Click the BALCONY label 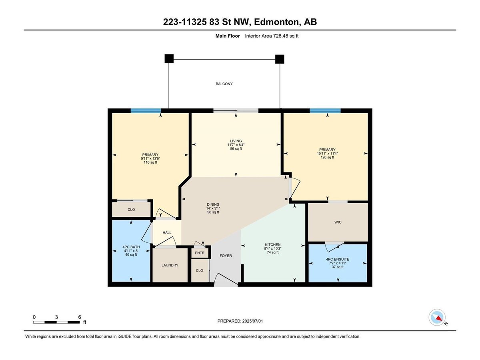(x=224, y=84)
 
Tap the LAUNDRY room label (x=170, y=265)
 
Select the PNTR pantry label (x=200, y=253)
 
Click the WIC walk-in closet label (x=338, y=222)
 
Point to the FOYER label (x=226, y=256)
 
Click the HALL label (x=167, y=232)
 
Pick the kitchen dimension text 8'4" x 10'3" (x=273, y=248)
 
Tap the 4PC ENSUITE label (x=338, y=259)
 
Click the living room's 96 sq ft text (x=236, y=149)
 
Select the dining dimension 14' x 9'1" (x=213, y=208)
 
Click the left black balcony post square (x=169, y=59)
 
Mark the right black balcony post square (x=280, y=59)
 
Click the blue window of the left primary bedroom (x=146, y=111)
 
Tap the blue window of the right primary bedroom (x=325, y=111)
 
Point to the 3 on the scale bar (x=56, y=317)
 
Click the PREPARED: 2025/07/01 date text (x=240, y=321)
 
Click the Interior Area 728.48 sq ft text (x=272, y=36)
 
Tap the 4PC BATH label (x=131, y=247)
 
